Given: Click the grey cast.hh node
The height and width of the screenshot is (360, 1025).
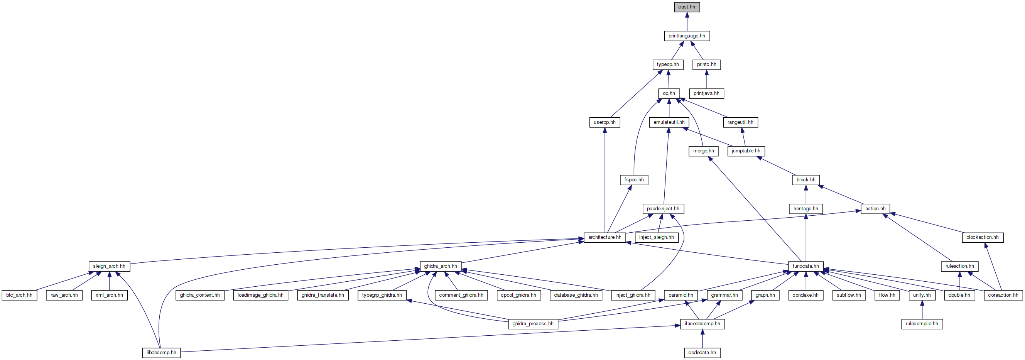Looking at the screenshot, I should click(687, 7).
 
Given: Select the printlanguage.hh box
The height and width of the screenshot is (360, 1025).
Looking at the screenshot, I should click(687, 36).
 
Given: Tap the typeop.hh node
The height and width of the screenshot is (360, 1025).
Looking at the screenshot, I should click(668, 64).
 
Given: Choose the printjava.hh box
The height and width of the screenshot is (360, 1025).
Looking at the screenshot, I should click(706, 93).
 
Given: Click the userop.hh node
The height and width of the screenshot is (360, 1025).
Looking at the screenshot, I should click(605, 122).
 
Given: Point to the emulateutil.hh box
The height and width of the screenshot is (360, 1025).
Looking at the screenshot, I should click(669, 122).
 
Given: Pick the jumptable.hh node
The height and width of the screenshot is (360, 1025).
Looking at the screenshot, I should click(746, 151).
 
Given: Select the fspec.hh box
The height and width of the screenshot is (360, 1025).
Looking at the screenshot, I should click(634, 180).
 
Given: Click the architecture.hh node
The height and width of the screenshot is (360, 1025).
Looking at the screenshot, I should click(605, 237).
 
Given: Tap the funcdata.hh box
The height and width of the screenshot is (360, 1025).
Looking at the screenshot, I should click(805, 266).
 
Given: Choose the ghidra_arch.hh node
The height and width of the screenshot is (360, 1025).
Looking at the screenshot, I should click(441, 266).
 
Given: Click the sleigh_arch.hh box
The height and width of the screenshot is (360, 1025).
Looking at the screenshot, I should click(109, 266).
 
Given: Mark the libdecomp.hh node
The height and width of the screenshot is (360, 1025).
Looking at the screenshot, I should click(161, 353).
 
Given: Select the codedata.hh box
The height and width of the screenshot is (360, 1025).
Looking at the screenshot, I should click(702, 353).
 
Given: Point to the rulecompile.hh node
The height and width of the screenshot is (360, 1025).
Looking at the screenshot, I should click(922, 324).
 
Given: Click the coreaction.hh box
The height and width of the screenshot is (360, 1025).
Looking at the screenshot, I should click(1003, 295).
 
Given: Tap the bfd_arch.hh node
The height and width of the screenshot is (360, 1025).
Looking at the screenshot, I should click(20, 295).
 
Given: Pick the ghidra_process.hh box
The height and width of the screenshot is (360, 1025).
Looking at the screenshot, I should click(533, 324).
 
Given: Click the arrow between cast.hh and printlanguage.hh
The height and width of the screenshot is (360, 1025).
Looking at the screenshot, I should click(687, 22).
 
